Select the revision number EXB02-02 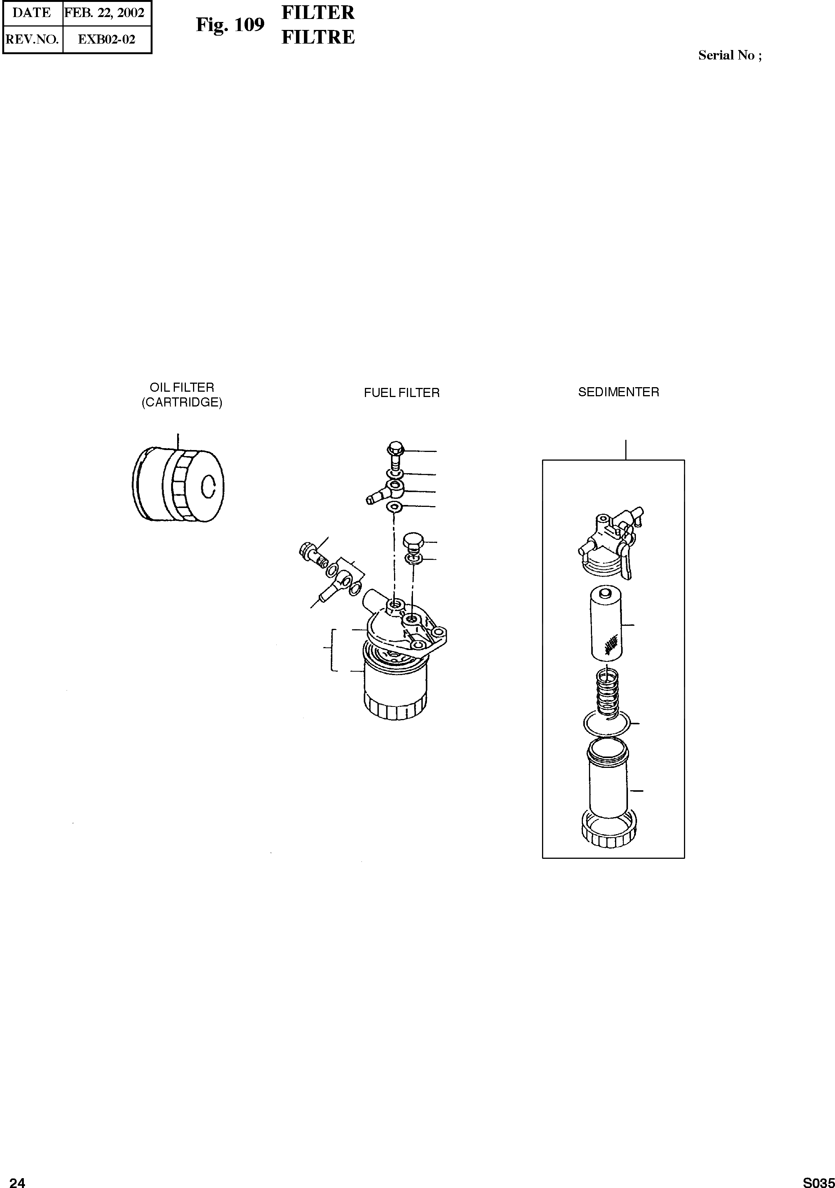(x=106, y=40)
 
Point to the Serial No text (x=729, y=55)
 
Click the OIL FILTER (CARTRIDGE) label (x=182, y=395)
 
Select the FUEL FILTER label (x=402, y=393)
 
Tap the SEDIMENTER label (x=618, y=392)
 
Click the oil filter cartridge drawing (x=178, y=485)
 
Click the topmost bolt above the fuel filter (x=396, y=452)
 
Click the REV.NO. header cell (x=32, y=40)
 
